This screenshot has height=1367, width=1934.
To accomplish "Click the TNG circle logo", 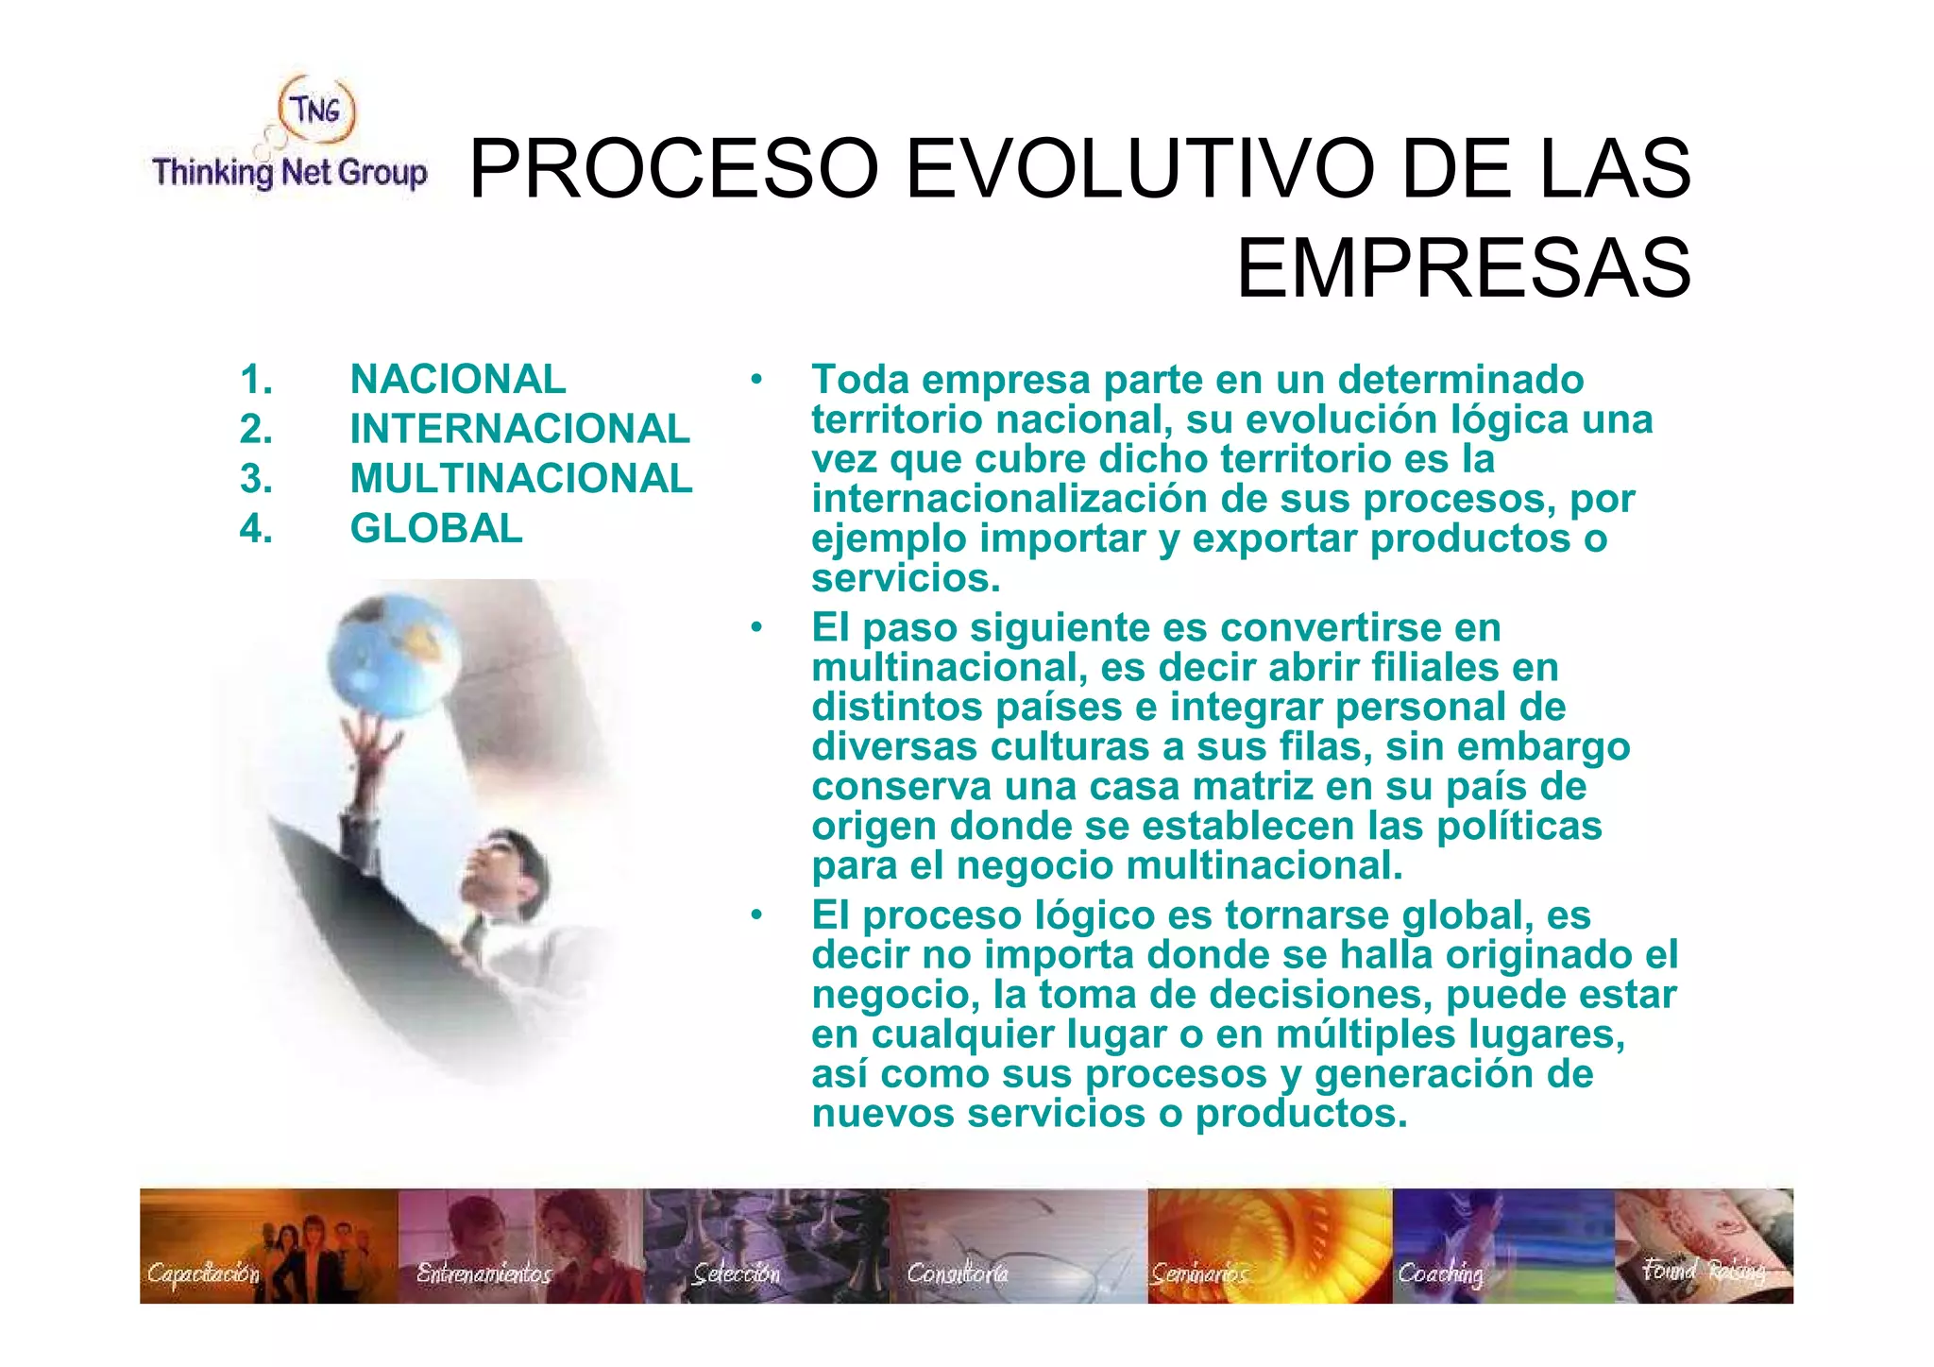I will [x=317, y=110].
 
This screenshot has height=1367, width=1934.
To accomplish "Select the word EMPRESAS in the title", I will [x=1463, y=269].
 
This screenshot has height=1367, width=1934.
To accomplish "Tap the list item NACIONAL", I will [x=458, y=380].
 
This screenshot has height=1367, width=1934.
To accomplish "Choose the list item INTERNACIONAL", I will [x=519, y=429].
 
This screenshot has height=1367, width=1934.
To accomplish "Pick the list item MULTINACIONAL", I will [x=521, y=479].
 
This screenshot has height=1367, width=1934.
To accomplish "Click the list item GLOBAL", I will [x=436, y=528].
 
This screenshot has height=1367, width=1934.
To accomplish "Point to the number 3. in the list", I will [x=256, y=479].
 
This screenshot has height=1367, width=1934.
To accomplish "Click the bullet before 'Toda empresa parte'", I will [x=756, y=380].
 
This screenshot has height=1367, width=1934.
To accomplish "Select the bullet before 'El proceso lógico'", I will [x=756, y=914].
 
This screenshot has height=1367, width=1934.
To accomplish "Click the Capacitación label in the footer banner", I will [x=203, y=1273].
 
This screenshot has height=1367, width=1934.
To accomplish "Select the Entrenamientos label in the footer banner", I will [x=483, y=1273].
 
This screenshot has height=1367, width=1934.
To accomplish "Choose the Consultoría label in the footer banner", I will [x=958, y=1274].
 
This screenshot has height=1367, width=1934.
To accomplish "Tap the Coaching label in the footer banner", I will [x=1441, y=1274].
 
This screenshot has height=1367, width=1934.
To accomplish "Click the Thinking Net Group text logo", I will [x=289, y=173].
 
